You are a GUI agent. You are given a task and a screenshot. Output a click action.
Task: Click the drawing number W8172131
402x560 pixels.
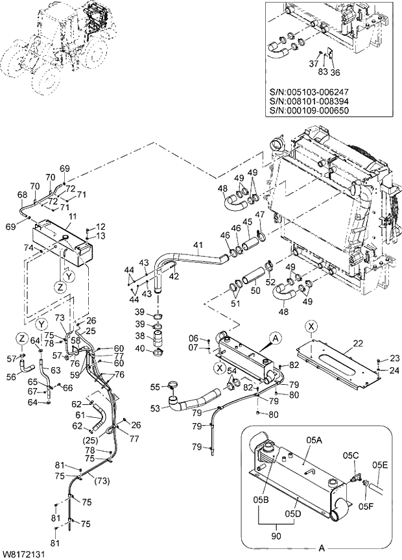(23, 554)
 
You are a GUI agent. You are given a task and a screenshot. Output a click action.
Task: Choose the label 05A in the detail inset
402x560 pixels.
(314, 439)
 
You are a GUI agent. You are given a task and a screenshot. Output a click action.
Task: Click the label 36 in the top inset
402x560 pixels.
(335, 71)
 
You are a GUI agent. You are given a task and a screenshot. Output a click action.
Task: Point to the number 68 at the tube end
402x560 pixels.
(22, 195)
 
